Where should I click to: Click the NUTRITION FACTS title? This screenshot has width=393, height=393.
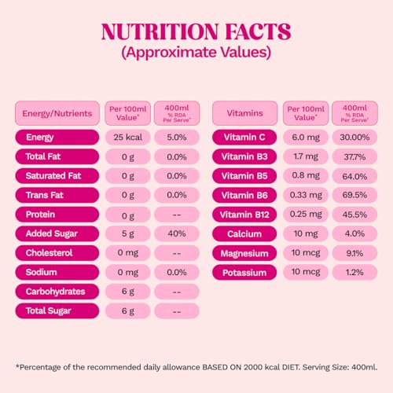(196, 31)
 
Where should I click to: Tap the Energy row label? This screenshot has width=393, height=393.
(57, 137)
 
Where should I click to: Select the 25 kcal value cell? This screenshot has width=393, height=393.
(128, 137)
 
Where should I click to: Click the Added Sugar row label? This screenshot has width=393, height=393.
(57, 233)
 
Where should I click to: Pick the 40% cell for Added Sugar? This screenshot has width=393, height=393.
(177, 233)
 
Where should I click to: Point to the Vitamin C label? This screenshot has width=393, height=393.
(244, 137)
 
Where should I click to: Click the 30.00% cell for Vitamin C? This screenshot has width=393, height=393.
(354, 137)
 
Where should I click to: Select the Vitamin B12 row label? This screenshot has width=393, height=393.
(244, 215)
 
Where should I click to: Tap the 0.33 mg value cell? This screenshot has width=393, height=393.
(306, 195)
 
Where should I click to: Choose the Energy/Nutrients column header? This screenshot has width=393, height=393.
(57, 113)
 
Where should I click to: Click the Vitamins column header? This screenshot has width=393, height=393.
(244, 113)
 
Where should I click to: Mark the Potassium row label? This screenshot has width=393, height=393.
(244, 273)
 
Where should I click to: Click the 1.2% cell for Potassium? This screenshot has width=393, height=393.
(354, 273)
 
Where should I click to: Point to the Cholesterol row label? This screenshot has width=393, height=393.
(57, 253)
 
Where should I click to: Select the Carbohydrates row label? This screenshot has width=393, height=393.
(57, 292)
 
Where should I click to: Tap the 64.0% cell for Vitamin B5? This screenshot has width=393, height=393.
(354, 176)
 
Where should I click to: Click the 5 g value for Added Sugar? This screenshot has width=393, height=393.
(128, 233)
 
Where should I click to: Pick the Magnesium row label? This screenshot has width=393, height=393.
(244, 253)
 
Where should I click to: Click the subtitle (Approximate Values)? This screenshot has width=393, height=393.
(196, 52)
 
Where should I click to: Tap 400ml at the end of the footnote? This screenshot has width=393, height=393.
(365, 367)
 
